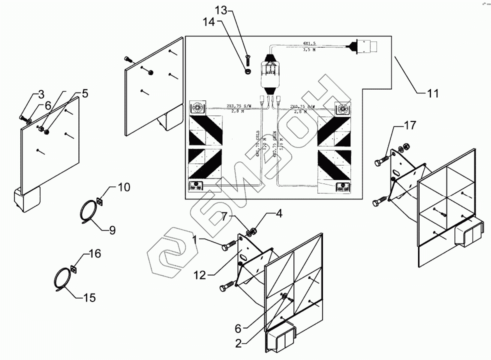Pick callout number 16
pyautogui.click(x=94, y=254)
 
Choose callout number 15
pyautogui.click(x=88, y=298)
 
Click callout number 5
pyautogui.click(x=85, y=93)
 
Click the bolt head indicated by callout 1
pyautogui.click(x=226, y=246)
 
